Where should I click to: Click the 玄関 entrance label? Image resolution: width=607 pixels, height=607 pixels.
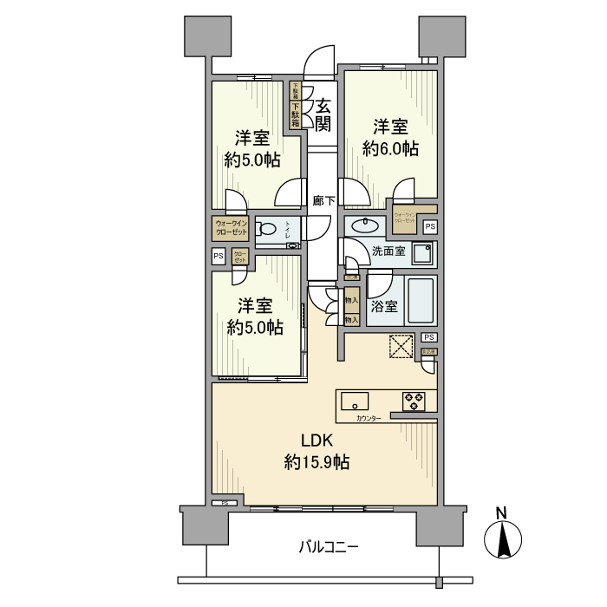(323, 114)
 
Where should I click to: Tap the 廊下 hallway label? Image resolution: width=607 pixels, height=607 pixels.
(323, 200)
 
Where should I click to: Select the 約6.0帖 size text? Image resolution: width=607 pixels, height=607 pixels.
(390, 148)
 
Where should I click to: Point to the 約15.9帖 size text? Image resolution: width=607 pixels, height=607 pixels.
(317, 463)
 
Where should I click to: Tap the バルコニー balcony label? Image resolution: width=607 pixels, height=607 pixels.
(329, 546)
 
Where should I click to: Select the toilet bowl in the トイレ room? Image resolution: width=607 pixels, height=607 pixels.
(267, 230)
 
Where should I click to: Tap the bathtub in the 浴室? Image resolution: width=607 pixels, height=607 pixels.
(422, 301)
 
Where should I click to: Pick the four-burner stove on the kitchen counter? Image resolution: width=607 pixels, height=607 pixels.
(413, 401)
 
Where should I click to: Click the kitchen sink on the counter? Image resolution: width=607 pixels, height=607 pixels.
(355, 401)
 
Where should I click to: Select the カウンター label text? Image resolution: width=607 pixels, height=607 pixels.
(369, 419)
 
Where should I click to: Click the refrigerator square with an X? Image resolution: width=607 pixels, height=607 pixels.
(399, 345)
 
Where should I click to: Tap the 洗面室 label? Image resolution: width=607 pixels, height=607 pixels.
(389, 252)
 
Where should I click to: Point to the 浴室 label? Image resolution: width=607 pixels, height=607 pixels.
(384, 306)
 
